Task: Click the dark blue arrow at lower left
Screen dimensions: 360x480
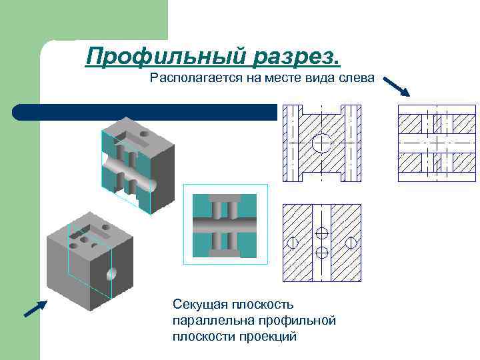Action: [x=35, y=308]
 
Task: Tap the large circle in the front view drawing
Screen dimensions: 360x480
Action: [x=321, y=143]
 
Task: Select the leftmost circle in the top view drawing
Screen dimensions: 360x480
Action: [x=292, y=243]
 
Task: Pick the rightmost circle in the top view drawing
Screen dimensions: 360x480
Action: [x=352, y=243]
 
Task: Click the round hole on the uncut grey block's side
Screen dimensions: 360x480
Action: [x=111, y=273]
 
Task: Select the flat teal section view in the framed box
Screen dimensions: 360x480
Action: [x=225, y=226]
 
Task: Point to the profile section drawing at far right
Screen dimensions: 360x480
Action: [x=437, y=143]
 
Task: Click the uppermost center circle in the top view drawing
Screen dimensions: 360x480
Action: [x=321, y=233]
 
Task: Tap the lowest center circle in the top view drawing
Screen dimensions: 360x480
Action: [x=321, y=253]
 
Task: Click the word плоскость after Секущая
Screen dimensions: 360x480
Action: [x=261, y=305]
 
